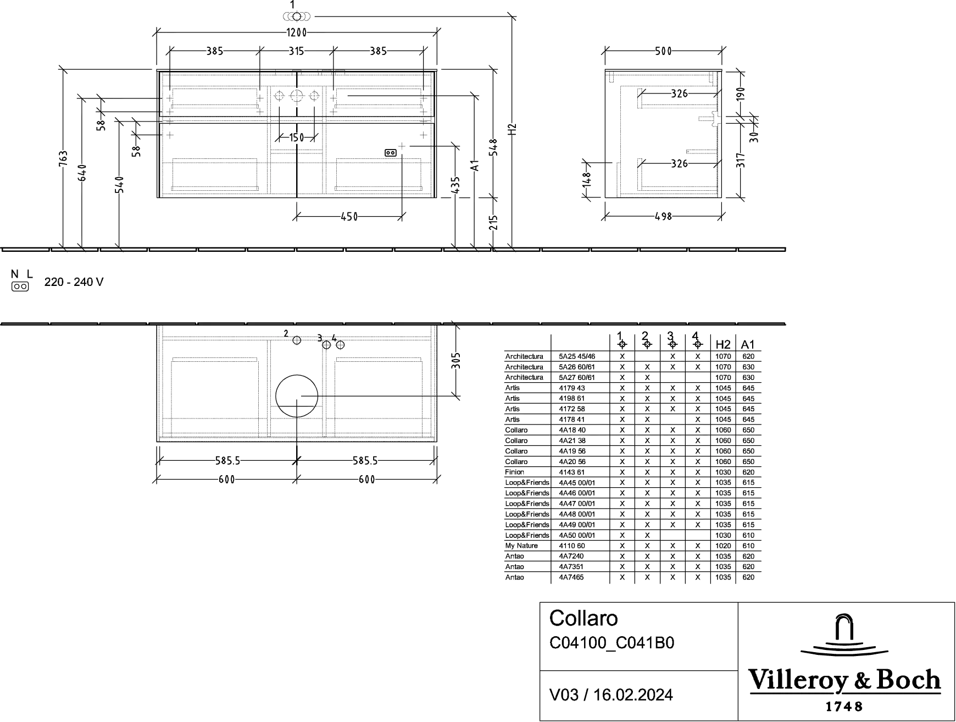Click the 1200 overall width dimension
click(x=296, y=32)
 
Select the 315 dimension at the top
click(x=296, y=51)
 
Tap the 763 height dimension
click(x=64, y=159)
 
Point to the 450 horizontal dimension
click(x=349, y=217)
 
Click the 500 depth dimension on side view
click(x=663, y=51)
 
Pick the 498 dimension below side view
click(x=663, y=217)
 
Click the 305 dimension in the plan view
click(x=456, y=361)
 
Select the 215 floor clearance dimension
click(x=493, y=222)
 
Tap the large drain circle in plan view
click(x=297, y=396)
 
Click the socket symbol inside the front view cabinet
click(x=391, y=153)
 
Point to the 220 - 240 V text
click(x=74, y=282)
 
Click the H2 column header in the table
click(x=722, y=345)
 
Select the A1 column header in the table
click(x=748, y=345)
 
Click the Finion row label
click(x=515, y=472)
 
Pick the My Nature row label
click(x=521, y=545)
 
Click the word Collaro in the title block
click(x=583, y=618)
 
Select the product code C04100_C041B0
click(x=612, y=643)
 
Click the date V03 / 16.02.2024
click(x=611, y=695)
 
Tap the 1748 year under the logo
click(x=845, y=706)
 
